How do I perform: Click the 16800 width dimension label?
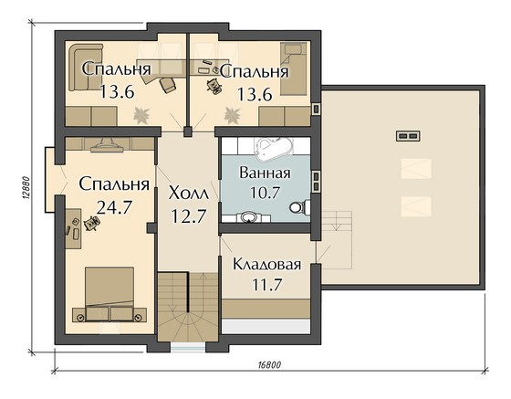click(269, 365)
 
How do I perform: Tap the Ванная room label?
click(265, 173)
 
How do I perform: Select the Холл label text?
click(188, 194)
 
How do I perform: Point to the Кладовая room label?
click(266, 265)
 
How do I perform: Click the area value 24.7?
click(114, 206)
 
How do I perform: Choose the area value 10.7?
click(265, 192)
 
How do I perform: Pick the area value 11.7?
click(266, 285)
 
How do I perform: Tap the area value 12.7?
click(189, 216)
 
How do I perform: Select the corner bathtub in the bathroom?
click(273, 149)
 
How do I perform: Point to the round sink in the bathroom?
click(250, 216)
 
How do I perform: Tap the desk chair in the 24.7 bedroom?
click(91, 224)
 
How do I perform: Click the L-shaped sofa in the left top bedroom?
click(86, 66)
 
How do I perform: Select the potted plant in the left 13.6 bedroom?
click(141, 115)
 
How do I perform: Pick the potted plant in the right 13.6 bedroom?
click(232, 115)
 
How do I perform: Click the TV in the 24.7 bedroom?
click(108, 146)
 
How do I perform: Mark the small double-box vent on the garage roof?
click(408, 136)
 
